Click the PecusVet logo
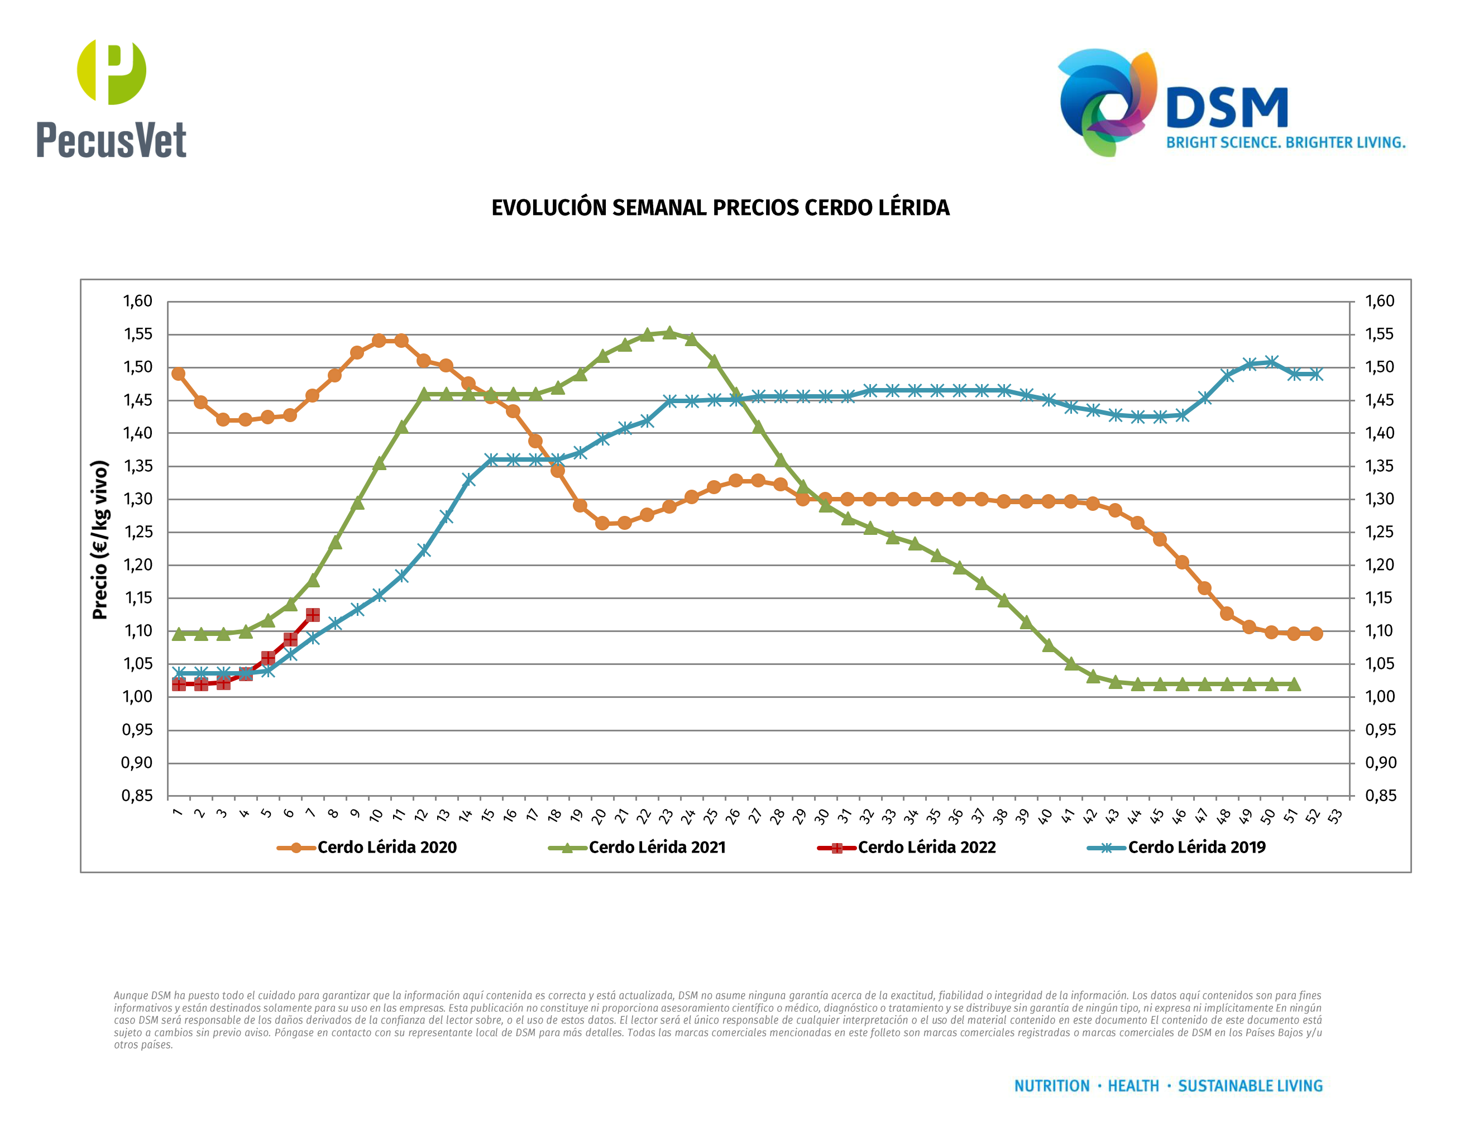111,98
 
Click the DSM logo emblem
1107,101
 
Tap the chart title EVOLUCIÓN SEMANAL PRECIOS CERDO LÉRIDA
720,208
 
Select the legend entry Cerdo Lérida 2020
387,848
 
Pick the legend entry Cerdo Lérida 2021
657,848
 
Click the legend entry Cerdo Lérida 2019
1196,848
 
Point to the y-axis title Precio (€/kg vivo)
100,540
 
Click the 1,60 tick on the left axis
137,301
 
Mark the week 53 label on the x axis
1334,816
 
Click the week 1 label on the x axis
178,812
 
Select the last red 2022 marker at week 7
313,615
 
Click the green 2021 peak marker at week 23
669,333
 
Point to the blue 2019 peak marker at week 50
1271,362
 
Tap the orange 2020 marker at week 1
178,374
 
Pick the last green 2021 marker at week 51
1294,684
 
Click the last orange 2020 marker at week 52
1316,634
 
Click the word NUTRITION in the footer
1051,1086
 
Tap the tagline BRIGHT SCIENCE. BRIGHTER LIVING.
1285,143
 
